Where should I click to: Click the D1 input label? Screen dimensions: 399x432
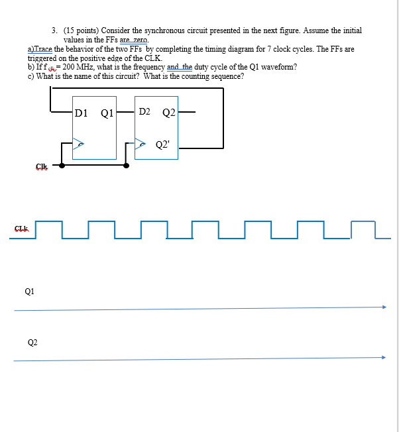point(81,113)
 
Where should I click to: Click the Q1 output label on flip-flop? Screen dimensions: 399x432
point(107,113)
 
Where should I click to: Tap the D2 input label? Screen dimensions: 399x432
point(144,111)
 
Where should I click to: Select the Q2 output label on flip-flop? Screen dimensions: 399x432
point(168,112)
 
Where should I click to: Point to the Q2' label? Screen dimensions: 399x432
point(163,144)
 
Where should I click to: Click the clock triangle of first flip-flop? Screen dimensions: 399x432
point(78,142)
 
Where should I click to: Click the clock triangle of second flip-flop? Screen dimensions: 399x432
point(141,142)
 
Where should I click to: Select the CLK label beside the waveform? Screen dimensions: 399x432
point(21,229)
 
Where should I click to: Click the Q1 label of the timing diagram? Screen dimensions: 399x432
point(29,290)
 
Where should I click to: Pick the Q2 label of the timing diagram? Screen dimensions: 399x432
point(32,343)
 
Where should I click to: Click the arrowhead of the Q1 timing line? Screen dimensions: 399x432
point(383,307)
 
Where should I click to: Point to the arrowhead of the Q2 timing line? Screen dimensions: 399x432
point(383,357)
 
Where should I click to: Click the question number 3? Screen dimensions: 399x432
point(54,30)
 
